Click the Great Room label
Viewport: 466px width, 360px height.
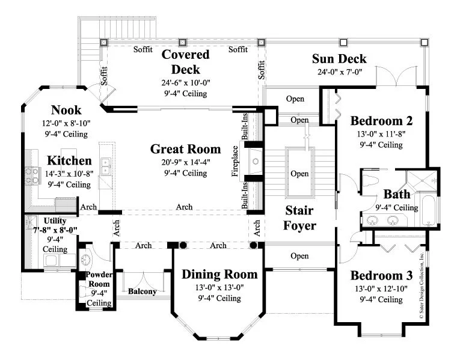pos(185,149)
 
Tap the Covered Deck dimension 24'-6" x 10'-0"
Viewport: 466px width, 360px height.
pos(186,82)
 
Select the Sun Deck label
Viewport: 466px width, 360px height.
pos(339,59)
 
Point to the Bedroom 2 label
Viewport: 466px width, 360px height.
pos(381,121)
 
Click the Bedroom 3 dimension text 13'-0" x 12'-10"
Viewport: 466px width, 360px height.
pos(381,288)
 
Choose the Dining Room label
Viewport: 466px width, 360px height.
pos(219,274)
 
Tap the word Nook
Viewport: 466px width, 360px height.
pos(66,110)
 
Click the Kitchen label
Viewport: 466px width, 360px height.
pos(69,160)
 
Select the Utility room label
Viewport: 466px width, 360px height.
pos(55,221)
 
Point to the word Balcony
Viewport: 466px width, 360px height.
pos(142,291)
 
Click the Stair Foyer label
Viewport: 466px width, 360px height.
pos(299,218)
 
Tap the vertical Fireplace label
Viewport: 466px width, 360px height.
pos(235,161)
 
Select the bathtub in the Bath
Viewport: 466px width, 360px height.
pos(428,209)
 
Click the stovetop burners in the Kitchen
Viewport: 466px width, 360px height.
pos(32,175)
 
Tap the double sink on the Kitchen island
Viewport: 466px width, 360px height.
pos(105,166)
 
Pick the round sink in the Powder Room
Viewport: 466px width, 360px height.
pos(86,259)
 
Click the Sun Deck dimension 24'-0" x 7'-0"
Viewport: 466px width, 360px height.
pos(339,72)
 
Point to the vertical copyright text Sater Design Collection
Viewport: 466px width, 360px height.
pos(422,285)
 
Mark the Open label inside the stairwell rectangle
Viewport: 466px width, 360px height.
pos(299,174)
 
